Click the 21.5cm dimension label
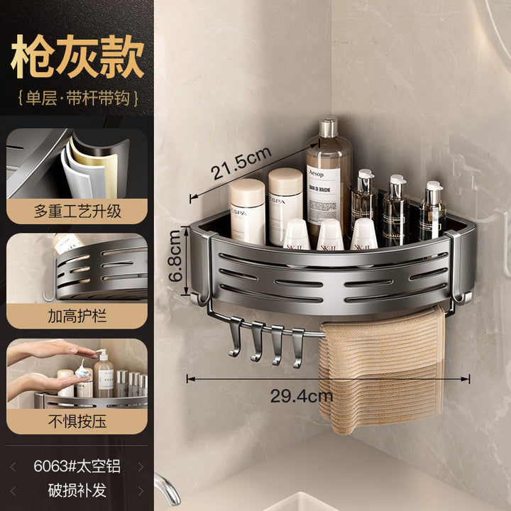[241, 163]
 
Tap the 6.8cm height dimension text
[175, 255]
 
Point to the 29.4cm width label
[302, 395]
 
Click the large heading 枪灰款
[77, 56]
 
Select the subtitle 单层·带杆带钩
[77, 98]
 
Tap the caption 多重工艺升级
[77, 211]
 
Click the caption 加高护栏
[77, 316]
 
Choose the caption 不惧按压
[77, 421]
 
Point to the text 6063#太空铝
[77, 466]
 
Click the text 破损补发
[77, 490]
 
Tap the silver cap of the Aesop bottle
[328, 126]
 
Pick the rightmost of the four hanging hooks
[297, 348]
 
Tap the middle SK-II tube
[330, 235]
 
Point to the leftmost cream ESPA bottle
[248, 211]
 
